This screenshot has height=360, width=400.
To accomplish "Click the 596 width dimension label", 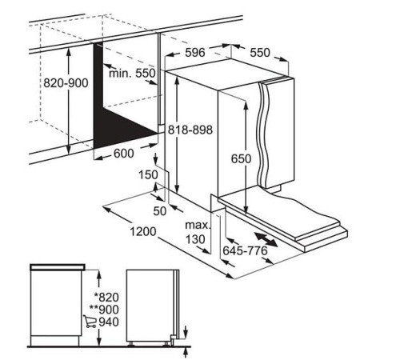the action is [195, 52].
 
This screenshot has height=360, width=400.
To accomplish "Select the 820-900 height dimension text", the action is [66, 83].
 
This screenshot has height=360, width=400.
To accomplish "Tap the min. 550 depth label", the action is [132, 73].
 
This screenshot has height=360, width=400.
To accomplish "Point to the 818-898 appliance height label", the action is [190, 130].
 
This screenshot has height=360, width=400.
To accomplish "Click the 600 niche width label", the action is [124, 154].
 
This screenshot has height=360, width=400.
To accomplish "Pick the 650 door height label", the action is [241, 158].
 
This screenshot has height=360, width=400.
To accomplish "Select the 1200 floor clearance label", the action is [143, 231].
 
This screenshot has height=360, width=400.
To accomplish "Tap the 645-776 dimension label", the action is [245, 250].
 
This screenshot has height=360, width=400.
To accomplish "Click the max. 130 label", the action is [198, 232].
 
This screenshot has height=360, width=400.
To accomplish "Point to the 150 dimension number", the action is [148, 175].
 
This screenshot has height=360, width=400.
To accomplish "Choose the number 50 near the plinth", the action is [160, 211].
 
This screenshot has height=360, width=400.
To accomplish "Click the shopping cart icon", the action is [90, 321].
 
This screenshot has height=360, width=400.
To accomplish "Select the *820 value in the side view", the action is [106, 297].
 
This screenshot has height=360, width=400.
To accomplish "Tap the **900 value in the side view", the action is [104, 310].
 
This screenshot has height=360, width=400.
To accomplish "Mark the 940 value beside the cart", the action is [109, 322].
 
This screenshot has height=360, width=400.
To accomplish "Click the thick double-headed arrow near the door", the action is [266, 239].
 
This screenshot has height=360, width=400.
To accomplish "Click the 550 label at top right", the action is [260, 53].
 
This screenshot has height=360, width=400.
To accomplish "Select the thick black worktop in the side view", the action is [58, 266].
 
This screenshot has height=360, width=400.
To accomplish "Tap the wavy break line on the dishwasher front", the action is [263, 134].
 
